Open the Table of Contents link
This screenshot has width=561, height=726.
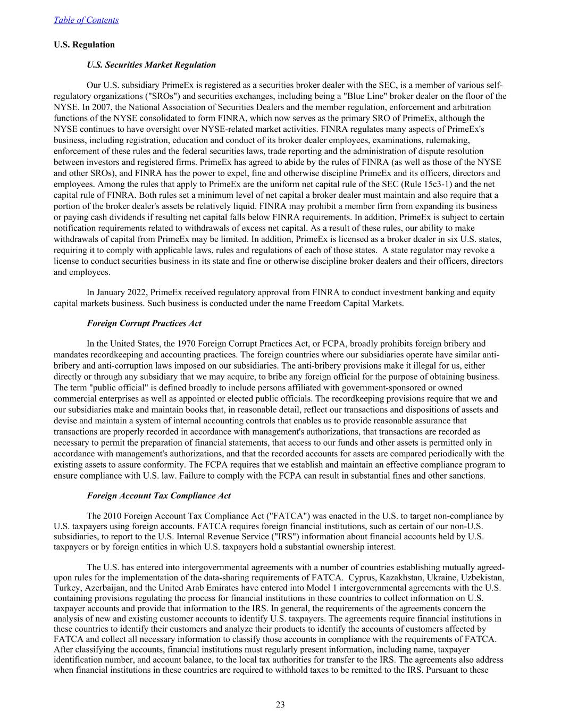86,20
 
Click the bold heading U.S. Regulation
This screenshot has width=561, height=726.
84,45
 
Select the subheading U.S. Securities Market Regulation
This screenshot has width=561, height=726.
151,65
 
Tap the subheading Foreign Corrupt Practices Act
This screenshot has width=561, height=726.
144,323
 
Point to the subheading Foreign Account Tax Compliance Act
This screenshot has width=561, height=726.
158,496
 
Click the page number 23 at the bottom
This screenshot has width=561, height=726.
280,705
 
